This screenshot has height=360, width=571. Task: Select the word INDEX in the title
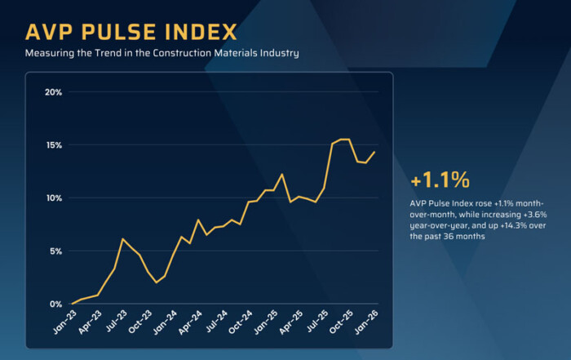click(x=202, y=32)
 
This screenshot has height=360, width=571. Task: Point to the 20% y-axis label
click(x=53, y=91)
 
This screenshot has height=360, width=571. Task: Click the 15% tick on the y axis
click(x=53, y=145)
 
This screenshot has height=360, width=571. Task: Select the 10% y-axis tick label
click(x=53, y=198)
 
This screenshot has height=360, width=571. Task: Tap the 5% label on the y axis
click(x=55, y=251)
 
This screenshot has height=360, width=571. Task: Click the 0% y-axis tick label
click(x=55, y=304)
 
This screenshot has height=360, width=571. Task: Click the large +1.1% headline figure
click(x=441, y=179)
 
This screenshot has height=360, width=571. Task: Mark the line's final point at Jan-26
click(x=374, y=151)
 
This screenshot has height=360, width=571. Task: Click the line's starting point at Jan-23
click(x=71, y=304)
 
